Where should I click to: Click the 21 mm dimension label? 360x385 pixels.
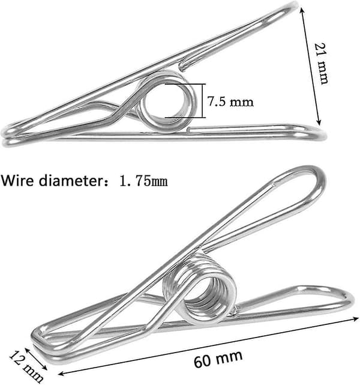click(x=321, y=64)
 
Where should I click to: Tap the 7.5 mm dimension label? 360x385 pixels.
click(x=230, y=101)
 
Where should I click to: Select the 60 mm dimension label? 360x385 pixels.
click(x=218, y=359)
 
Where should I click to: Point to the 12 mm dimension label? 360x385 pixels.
click(x=26, y=366)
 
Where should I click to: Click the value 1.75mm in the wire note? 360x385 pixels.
click(x=144, y=181)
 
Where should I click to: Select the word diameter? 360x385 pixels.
click(x=73, y=181)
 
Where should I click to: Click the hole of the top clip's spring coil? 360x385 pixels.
click(x=165, y=102)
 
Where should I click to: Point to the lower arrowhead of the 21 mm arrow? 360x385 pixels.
click(x=319, y=122)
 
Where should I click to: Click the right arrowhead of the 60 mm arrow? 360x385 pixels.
click(x=355, y=320)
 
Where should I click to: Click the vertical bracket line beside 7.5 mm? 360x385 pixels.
click(x=203, y=101)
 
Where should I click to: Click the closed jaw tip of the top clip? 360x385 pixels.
click(x=5, y=136)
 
